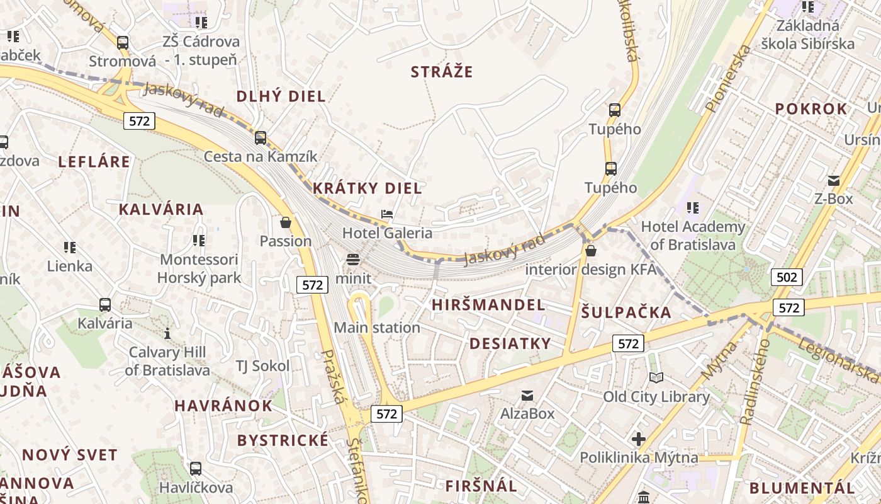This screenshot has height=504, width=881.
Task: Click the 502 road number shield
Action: [787, 277]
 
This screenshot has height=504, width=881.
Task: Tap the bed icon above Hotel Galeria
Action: [387, 215]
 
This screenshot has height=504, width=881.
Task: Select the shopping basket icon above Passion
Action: [286, 222]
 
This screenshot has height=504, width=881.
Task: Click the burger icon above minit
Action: [352, 260]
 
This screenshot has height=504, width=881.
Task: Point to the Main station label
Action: [376, 328]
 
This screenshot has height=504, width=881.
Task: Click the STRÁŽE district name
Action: [442, 72]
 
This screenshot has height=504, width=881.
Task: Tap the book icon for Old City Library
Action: [656, 377]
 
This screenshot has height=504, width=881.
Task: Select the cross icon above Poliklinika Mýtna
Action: [639, 438]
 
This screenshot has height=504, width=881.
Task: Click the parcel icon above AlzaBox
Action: [527, 395]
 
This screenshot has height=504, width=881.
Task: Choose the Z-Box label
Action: [833, 199]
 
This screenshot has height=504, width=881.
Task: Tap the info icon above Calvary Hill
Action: [167, 333]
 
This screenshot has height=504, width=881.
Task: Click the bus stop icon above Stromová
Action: [123, 43]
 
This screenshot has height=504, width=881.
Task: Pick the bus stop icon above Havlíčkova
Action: [196, 469]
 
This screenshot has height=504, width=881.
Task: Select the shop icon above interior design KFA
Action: [590, 251]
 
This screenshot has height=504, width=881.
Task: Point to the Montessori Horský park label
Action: [199, 268]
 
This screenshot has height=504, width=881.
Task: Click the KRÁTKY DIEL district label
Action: [368, 188]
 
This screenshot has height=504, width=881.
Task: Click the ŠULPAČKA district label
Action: [626, 312]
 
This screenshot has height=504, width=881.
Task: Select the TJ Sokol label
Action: [262, 366]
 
